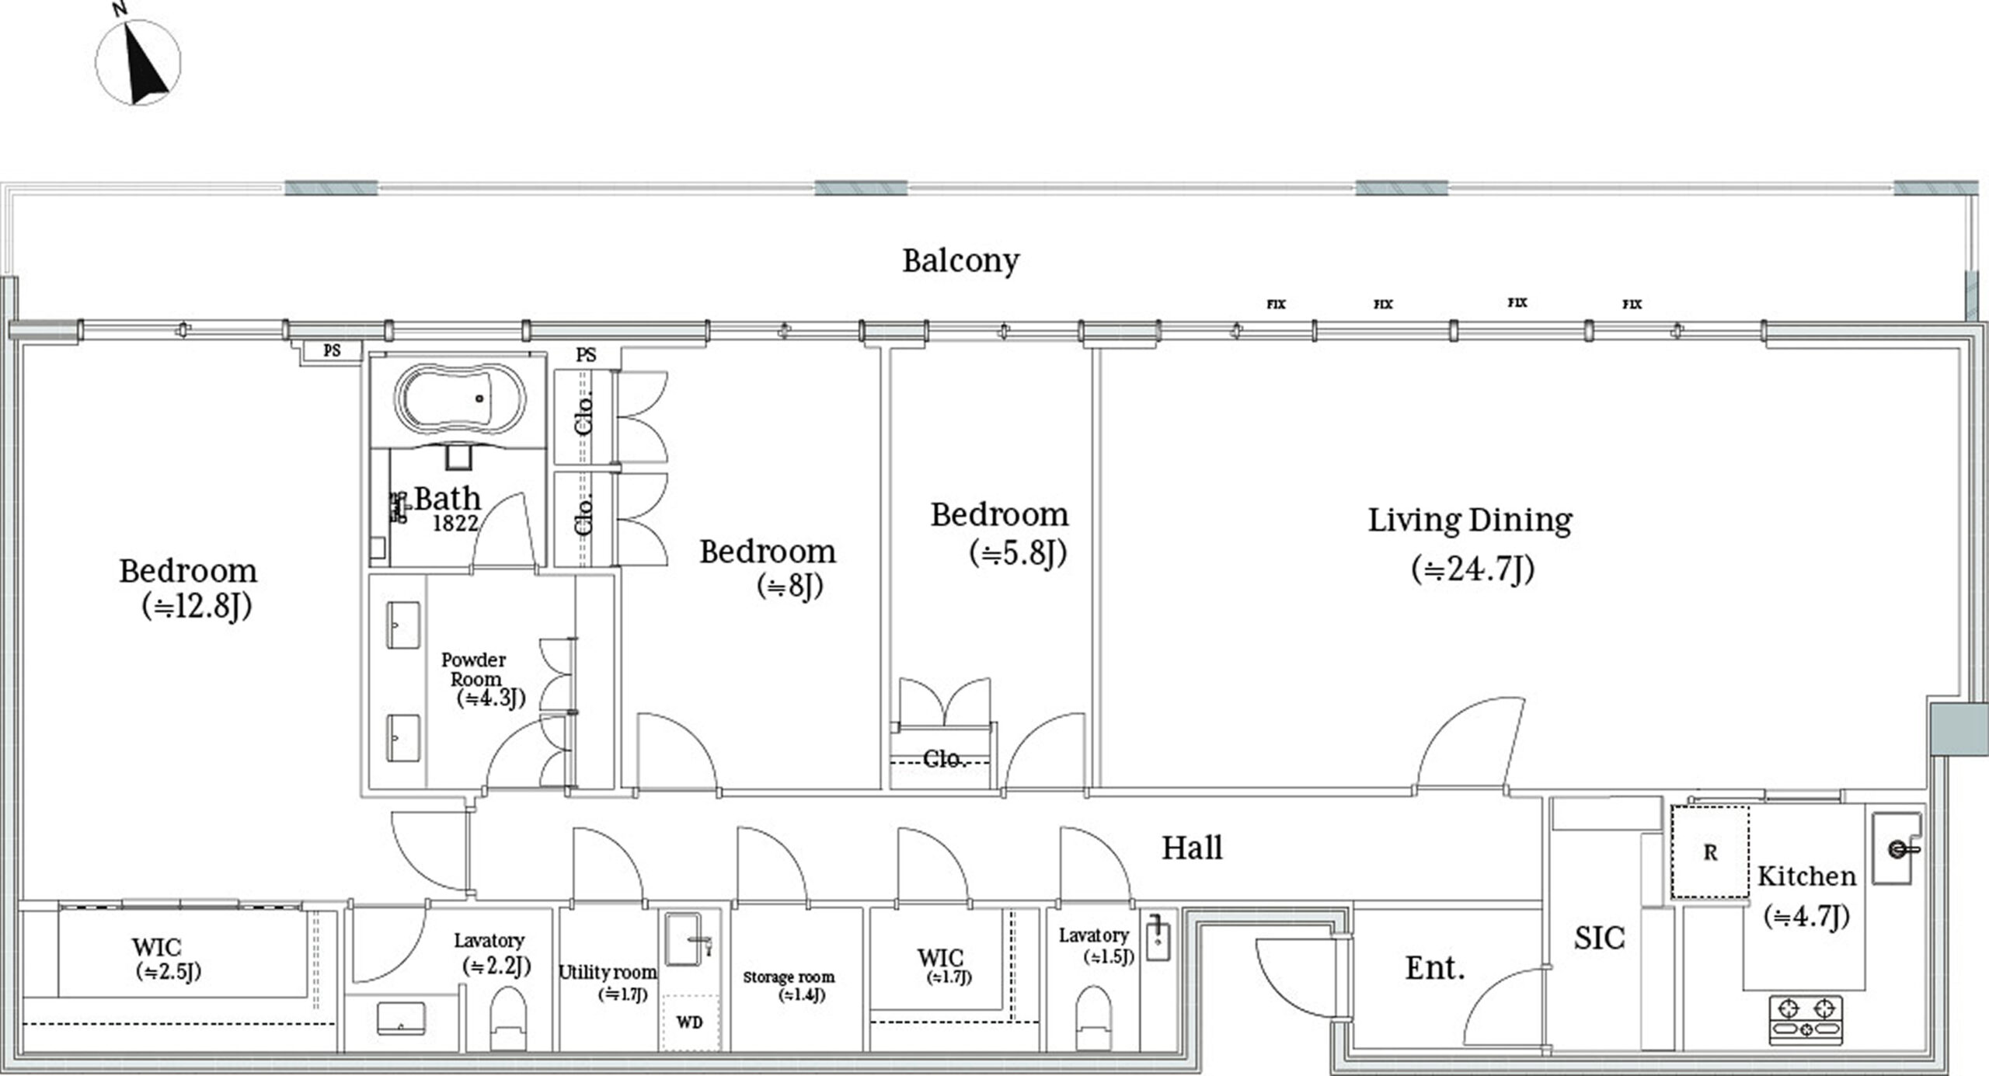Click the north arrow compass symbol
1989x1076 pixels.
point(138,61)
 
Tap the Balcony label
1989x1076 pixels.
point(960,261)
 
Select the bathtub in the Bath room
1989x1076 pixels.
point(459,399)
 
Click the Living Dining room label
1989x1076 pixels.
point(1470,521)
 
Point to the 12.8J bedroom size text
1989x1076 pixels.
point(197,607)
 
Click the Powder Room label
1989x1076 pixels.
point(474,669)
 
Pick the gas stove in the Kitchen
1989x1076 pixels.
point(1806,1019)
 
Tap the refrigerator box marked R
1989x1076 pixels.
point(1710,851)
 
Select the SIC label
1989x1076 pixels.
point(1600,938)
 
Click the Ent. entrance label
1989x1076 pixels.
point(1435,968)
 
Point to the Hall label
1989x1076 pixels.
point(1192,848)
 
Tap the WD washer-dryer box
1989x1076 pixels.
point(690,1022)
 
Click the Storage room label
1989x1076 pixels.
point(789,977)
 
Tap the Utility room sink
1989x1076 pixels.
point(688,938)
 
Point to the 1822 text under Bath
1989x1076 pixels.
point(455,523)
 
